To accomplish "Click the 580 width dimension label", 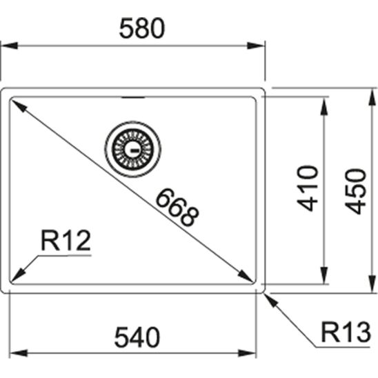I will click(141, 28).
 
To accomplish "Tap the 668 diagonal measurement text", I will click(176, 207).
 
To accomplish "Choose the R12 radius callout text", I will click(66, 241).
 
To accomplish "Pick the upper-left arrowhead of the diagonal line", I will click(16, 104).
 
